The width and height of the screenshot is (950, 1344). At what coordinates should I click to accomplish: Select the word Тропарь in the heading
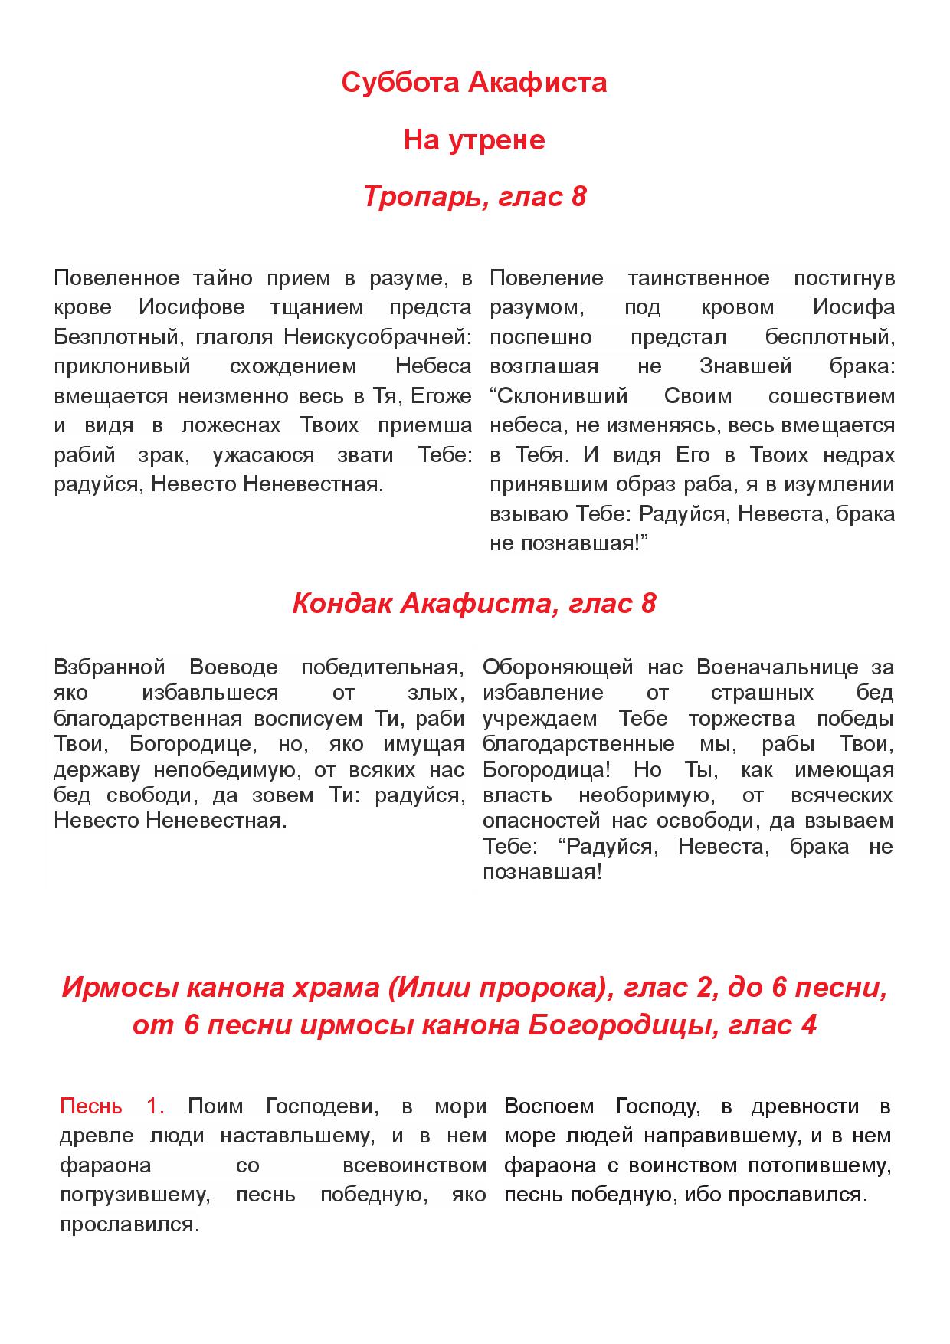423,197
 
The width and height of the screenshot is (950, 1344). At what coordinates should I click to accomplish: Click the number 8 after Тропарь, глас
578,197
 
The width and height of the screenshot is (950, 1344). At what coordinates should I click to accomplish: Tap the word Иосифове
192,307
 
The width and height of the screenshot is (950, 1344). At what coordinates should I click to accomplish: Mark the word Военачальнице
778,667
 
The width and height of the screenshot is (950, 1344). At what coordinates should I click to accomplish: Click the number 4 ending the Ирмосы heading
808,1024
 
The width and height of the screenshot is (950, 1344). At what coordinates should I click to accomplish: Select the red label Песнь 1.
112,1106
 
